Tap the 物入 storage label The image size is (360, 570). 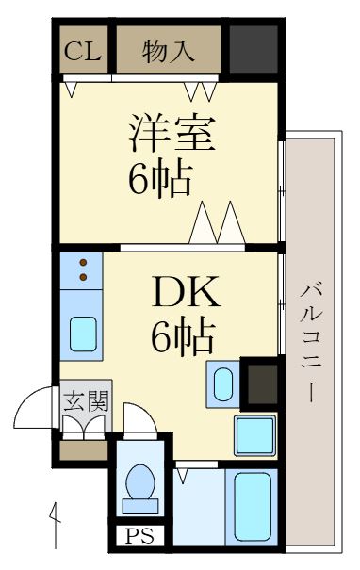click(169, 50)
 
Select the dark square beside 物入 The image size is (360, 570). click(254, 49)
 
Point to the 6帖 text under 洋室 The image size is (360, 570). click(161, 178)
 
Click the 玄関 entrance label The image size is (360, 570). click(85, 402)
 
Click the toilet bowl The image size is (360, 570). click(141, 484)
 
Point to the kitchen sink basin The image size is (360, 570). click(82, 334)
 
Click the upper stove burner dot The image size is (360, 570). click(83, 262)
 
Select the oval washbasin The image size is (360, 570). click(222, 383)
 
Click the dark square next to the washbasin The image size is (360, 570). click(261, 381)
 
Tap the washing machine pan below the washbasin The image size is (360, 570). click(254, 434)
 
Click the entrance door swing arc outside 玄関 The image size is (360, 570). click(34, 410)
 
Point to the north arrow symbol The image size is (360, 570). click(54, 520)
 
